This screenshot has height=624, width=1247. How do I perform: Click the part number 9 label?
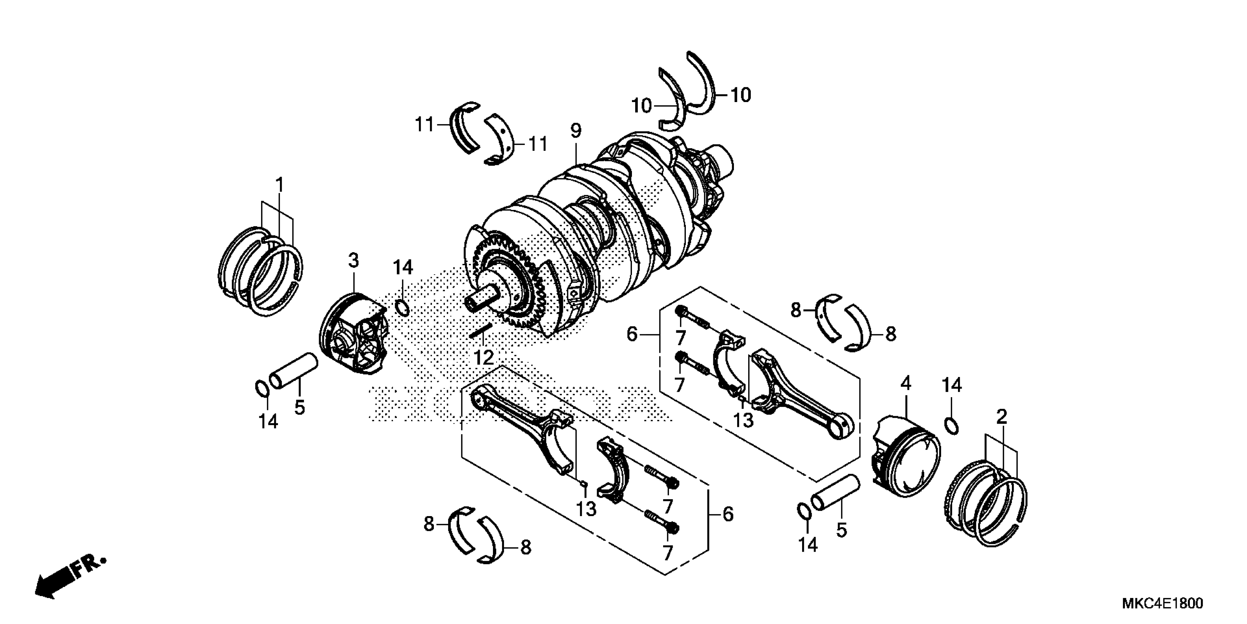point(575,131)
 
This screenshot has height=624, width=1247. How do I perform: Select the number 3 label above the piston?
point(354,261)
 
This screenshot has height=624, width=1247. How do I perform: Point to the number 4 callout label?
point(906,384)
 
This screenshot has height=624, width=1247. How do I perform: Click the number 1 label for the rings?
point(279,185)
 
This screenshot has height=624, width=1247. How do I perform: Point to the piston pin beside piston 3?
point(293,371)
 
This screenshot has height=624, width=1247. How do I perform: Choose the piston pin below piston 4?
point(835,494)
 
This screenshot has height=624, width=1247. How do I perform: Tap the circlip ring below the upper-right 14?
point(952,425)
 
